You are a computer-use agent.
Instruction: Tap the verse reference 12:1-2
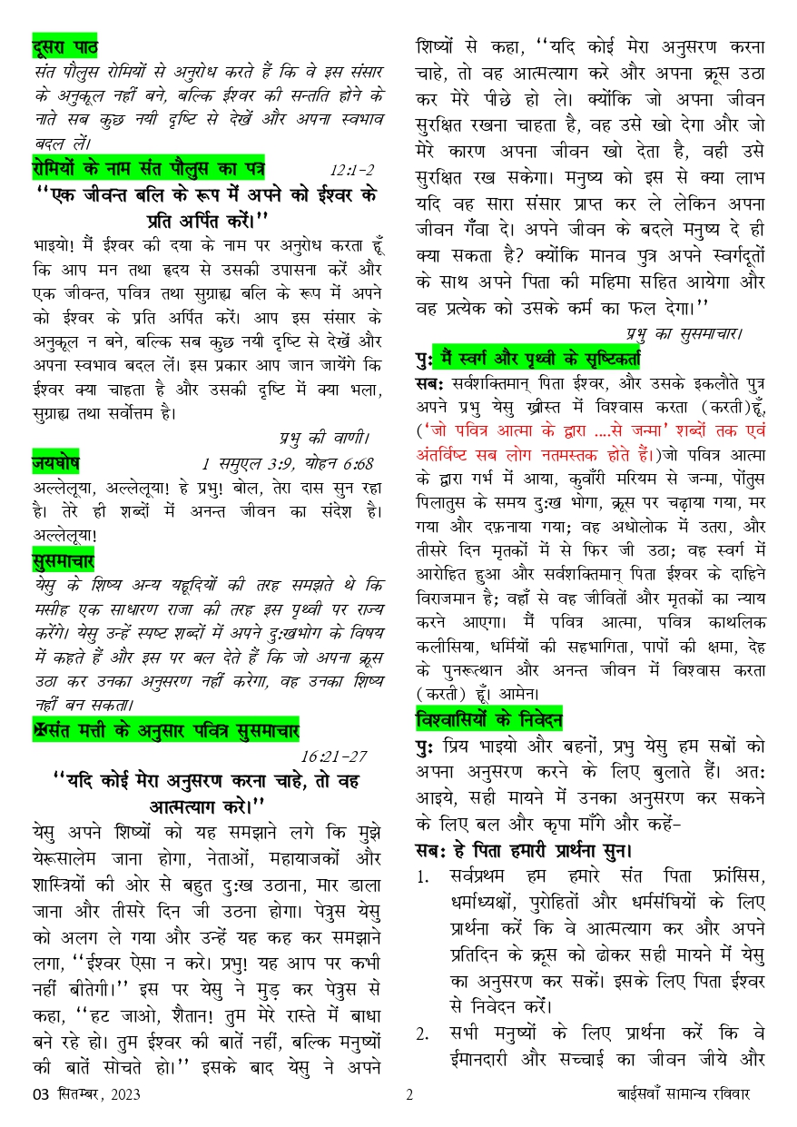[352, 170]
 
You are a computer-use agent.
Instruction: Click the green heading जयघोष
[55, 464]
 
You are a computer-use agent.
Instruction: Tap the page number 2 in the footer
[409, 1095]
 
